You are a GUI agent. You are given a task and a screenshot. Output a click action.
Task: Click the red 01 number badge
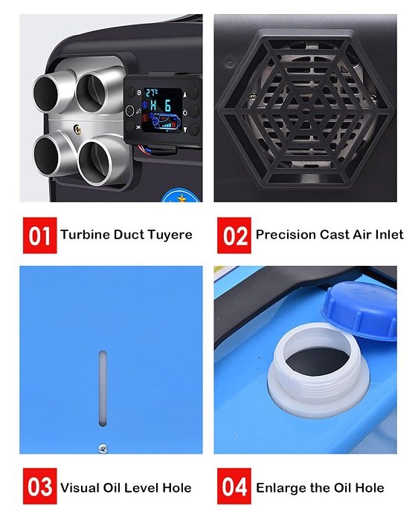tap(40, 235)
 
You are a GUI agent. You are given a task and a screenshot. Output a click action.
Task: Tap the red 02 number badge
tap(234, 235)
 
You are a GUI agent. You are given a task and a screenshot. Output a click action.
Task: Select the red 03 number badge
tap(40, 486)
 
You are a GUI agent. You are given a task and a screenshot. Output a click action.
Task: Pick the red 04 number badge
tap(234, 486)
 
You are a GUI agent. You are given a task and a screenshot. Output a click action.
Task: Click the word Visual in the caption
tap(80, 488)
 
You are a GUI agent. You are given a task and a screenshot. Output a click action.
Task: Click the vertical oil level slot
tap(103, 389)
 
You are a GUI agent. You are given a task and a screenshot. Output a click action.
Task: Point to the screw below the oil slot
tap(103, 449)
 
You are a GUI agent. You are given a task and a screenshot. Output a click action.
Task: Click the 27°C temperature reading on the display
tap(152, 93)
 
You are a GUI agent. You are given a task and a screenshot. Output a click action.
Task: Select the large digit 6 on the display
tap(167, 105)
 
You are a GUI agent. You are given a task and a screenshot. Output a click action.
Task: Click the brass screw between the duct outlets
tap(77, 129)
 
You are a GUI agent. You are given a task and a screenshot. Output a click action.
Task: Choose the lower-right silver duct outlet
tap(100, 161)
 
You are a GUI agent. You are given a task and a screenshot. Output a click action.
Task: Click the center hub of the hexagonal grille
tap(306, 111)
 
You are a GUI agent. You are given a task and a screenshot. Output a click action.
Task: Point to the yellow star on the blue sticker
tap(181, 198)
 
